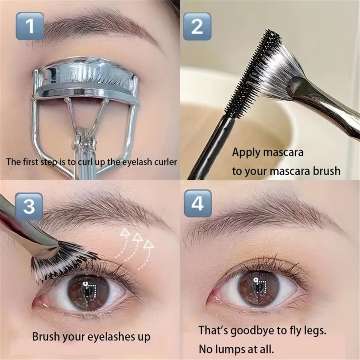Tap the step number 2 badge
[197, 26]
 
